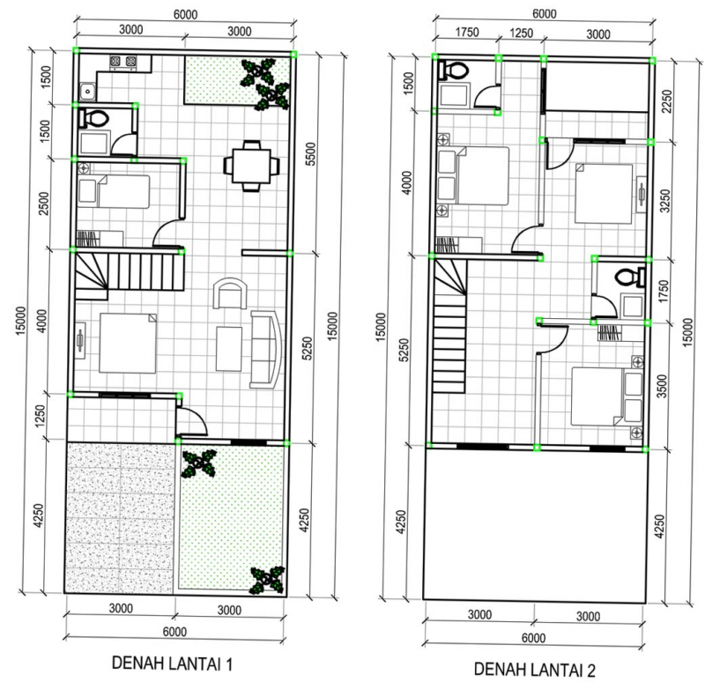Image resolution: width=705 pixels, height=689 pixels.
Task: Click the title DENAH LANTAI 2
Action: point(535,670)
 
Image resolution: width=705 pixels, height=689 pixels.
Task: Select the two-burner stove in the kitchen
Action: point(122,63)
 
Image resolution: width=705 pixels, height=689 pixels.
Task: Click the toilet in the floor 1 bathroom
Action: point(94,118)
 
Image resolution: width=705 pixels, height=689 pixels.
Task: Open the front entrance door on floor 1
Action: point(190,420)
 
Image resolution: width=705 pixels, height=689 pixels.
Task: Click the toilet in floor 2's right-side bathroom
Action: point(629,276)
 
